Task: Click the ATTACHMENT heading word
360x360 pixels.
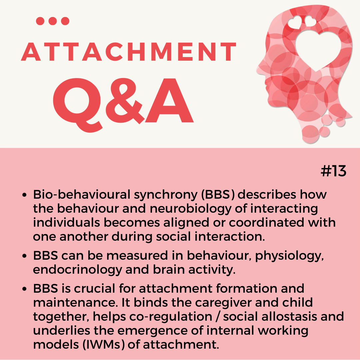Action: [129, 52]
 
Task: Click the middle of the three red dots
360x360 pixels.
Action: [53, 21]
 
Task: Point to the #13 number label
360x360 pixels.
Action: [333, 171]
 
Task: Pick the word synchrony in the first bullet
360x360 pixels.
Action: [166, 195]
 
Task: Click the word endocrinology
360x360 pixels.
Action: [77, 270]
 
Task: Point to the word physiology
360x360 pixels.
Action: [289, 256]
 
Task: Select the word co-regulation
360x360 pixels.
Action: [171, 317]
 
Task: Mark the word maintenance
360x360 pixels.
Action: [75, 303]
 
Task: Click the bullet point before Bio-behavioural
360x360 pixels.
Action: [25, 195]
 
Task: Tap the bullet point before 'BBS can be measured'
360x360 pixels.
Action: [25, 256]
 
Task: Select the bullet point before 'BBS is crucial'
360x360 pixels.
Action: [25, 289]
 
